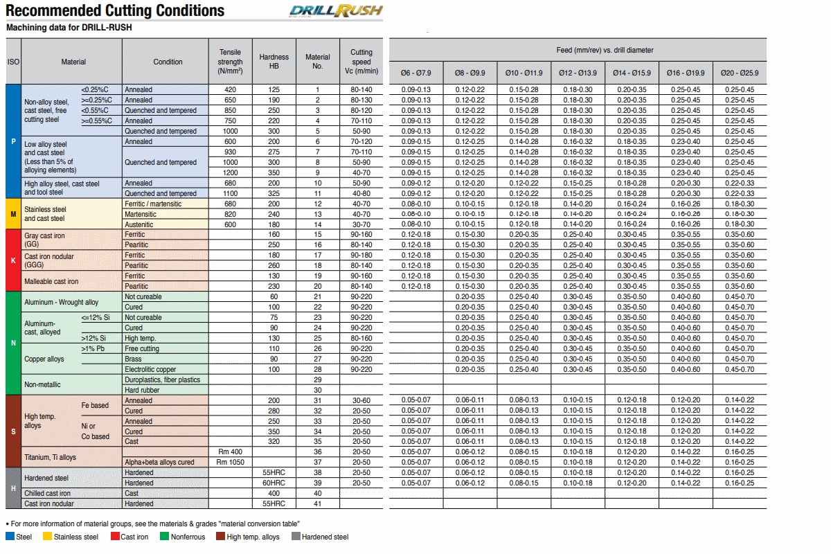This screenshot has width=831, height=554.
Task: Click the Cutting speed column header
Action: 361,61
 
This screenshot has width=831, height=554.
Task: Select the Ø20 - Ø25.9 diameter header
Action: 739,73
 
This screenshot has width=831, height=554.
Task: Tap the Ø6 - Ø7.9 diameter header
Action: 415,73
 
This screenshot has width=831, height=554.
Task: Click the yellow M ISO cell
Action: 13,214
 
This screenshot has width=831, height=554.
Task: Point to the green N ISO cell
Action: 13,343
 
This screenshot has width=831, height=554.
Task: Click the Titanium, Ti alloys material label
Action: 50,457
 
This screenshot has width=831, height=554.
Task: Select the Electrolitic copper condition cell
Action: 150,369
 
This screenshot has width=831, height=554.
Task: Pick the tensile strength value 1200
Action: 231,172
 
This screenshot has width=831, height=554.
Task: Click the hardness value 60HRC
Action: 274,483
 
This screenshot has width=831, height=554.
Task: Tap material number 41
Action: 318,503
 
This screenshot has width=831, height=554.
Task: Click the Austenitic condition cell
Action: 140,224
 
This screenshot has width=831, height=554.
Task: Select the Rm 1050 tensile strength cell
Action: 231,462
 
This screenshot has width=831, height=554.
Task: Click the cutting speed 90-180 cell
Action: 361,256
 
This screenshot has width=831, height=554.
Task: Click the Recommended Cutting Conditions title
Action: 115,10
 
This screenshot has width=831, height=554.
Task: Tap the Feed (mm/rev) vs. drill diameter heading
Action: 605,50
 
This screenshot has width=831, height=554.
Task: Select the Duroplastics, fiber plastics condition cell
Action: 162,379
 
